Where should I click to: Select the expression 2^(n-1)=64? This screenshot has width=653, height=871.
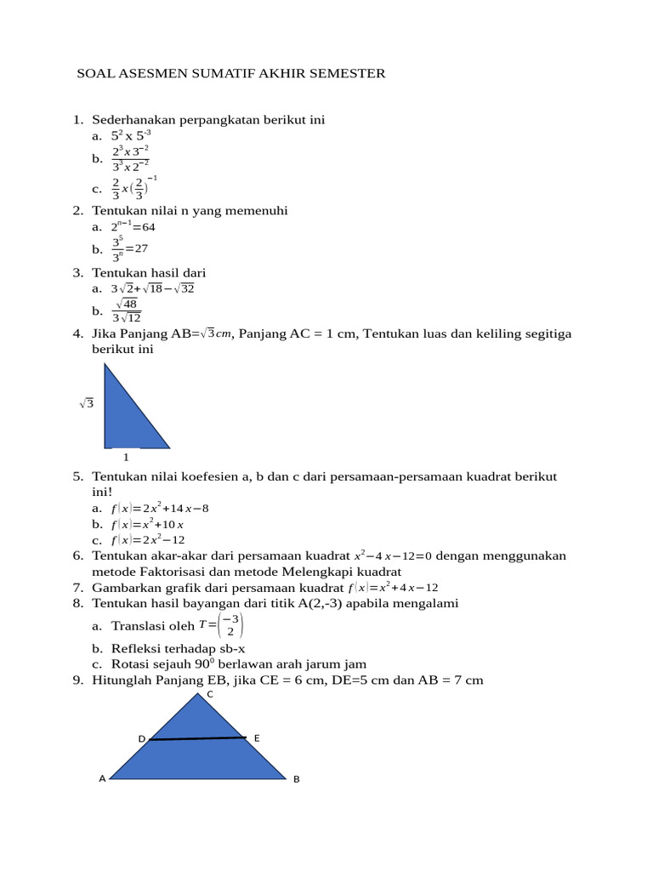tap(133, 227)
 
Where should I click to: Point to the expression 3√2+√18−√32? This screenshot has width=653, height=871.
tap(153, 289)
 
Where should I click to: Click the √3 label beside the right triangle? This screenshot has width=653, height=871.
tap(86, 404)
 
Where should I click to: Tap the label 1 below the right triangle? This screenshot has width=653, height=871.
tap(127, 458)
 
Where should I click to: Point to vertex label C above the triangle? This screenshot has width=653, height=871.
tap(210, 695)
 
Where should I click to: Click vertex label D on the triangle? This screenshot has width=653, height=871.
tap(142, 739)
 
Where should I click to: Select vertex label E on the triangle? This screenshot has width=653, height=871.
tap(257, 737)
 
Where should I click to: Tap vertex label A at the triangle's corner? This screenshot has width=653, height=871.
tap(102, 778)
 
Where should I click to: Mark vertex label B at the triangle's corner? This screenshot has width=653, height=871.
tap(297, 778)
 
